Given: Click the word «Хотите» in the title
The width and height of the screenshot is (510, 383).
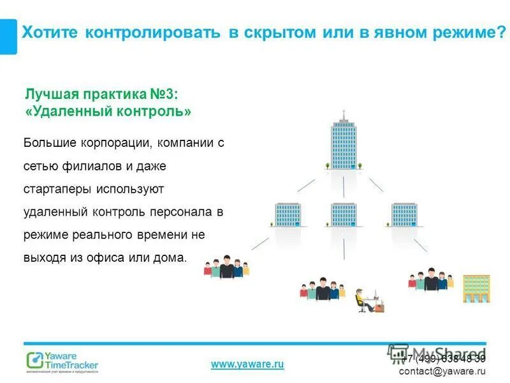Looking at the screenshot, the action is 48,33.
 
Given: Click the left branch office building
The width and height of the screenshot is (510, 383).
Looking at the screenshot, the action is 288,215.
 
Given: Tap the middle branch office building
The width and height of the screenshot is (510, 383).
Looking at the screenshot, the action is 344,215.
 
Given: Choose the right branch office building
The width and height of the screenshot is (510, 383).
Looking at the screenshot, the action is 404,215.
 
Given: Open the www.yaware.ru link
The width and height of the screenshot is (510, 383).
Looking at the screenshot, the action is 247,364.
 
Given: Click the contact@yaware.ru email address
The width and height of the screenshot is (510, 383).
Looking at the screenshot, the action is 442,371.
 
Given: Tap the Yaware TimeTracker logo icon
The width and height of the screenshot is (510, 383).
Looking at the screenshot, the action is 34,360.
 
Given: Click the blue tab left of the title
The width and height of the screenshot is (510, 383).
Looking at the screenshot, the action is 8,36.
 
